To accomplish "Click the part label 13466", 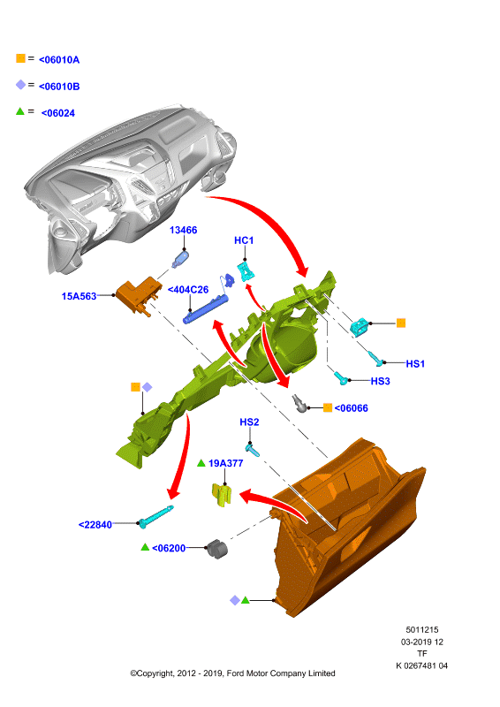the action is coord(183,230).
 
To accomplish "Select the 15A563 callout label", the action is coord(79,296).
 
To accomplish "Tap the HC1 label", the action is coord(244,240).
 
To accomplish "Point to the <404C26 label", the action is coord(188,290).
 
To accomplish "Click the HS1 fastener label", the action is coord(415,363).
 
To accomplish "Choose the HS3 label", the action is coord(380,381).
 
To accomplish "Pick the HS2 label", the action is coord(249,422).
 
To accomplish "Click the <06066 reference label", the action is coord(352,408).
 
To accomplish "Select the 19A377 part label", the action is coord(225,463).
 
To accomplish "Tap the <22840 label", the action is coord(95,524).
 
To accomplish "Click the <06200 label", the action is coord(169,548).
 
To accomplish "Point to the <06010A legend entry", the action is coord(59,59).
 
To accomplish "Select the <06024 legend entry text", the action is coord(58,113).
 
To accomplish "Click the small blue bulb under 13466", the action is coord(180,260).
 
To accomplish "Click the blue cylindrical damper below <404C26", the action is coord(206,308).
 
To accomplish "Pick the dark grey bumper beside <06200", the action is coord(216,548).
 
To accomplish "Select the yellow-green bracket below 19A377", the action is coord(222,494).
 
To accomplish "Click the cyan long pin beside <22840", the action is coord(155,516).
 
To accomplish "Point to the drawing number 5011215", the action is coord(422,629).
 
